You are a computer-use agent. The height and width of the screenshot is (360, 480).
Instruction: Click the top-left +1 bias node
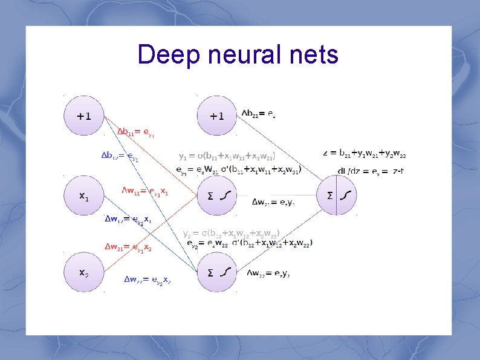point(85,116)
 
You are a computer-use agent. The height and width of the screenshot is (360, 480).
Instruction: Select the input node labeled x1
point(85,196)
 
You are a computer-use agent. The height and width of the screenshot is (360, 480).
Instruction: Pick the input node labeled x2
point(85,273)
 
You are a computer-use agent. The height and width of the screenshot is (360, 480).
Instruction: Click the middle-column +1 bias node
point(216,116)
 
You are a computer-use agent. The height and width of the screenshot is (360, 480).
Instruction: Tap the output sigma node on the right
point(337,195)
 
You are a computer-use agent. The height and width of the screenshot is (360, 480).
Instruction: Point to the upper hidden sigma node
point(216,195)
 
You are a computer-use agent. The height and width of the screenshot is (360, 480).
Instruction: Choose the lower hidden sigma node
point(216,273)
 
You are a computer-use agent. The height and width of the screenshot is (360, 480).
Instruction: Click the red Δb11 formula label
point(136,133)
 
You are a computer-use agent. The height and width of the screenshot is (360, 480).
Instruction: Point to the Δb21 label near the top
point(259,113)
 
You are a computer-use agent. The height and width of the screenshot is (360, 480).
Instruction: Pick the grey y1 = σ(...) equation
point(227,155)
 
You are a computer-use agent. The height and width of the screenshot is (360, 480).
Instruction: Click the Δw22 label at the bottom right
point(272,273)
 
